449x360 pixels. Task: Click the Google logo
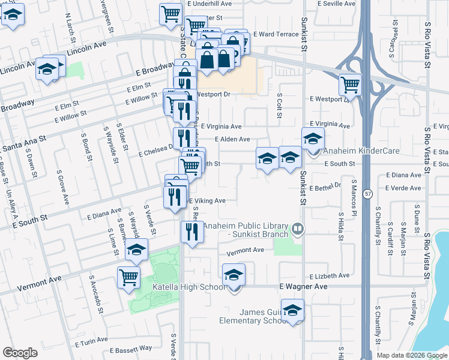(20, 353)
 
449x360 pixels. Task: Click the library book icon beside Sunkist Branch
(297, 229)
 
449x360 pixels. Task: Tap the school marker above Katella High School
(234, 275)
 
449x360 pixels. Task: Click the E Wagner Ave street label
(303, 287)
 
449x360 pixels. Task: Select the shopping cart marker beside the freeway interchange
(350, 84)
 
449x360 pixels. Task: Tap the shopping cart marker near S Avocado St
(129, 277)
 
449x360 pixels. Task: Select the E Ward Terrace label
(276, 34)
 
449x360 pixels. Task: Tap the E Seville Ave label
(330, 4)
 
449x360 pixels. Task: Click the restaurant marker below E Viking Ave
(191, 231)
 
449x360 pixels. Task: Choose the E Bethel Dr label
(325, 185)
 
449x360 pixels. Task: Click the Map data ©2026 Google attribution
(411, 355)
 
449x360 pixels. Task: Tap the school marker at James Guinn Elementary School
(292, 310)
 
